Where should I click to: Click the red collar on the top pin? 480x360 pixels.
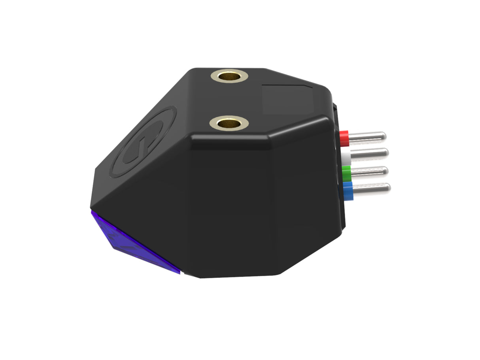[344, 137]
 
